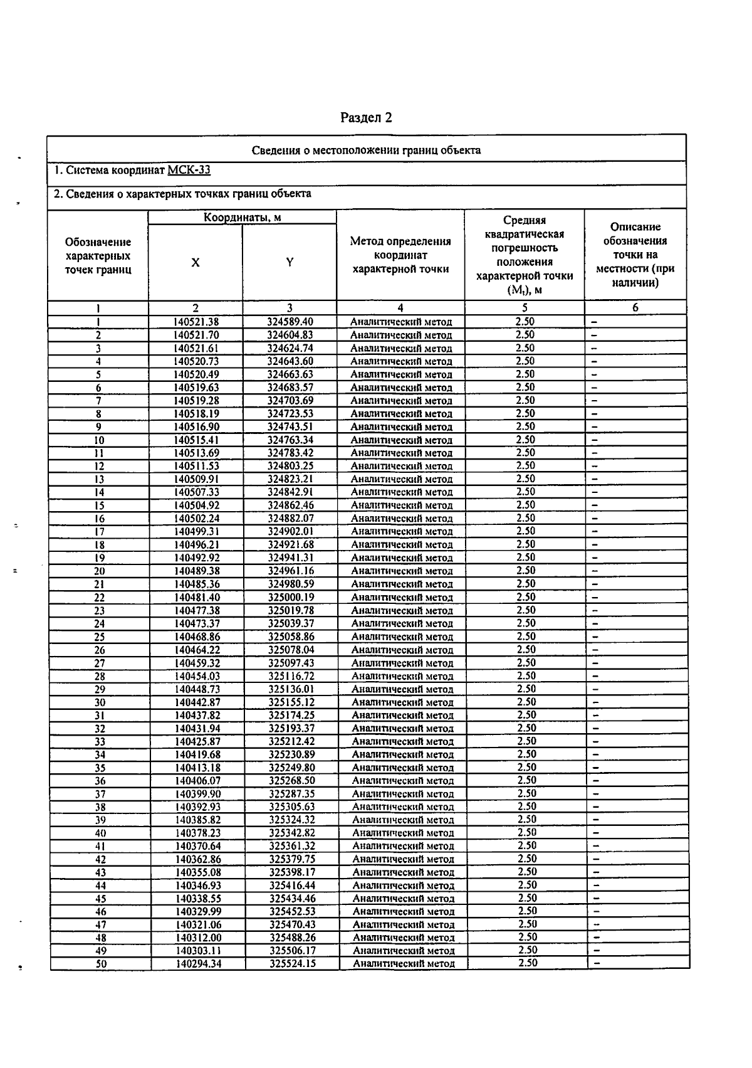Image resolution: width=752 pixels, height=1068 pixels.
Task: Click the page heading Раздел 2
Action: tap(366, 118)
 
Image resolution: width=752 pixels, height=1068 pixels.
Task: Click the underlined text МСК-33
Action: tap(189, 171)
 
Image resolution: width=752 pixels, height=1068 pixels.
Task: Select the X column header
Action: tap(196, 263)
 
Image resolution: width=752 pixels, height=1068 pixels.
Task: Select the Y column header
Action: tap(290, 263)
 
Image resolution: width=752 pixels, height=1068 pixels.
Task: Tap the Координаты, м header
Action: tap(242, 218)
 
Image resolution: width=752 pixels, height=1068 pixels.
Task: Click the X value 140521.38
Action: tap(196, 322)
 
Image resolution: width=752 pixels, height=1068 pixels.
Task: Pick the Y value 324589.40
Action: tap(290, 322)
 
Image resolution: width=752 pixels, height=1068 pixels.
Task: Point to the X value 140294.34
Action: tap(198, 964)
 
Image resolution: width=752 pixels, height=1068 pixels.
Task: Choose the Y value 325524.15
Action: tap(293, 964)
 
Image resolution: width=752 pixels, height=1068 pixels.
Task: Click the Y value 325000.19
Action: tap(291, 598)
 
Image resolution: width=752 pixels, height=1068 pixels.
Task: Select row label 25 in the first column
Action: tap(100, 637)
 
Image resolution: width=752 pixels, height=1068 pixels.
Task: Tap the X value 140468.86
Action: tap(197, 637)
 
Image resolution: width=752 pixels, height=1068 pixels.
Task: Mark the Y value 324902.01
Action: tap(291, 532)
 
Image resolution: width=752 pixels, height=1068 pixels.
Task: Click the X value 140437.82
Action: tap(197, 716)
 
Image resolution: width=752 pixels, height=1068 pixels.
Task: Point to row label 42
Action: tap(100, 860)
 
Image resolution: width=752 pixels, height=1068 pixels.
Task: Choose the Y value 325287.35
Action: tap(292, 794)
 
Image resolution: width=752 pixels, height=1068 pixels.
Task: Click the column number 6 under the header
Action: tap(635, 308)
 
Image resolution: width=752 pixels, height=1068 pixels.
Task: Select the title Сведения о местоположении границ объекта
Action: tap(366, 151)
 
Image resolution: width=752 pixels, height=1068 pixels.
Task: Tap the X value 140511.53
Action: tap(197, 466)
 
